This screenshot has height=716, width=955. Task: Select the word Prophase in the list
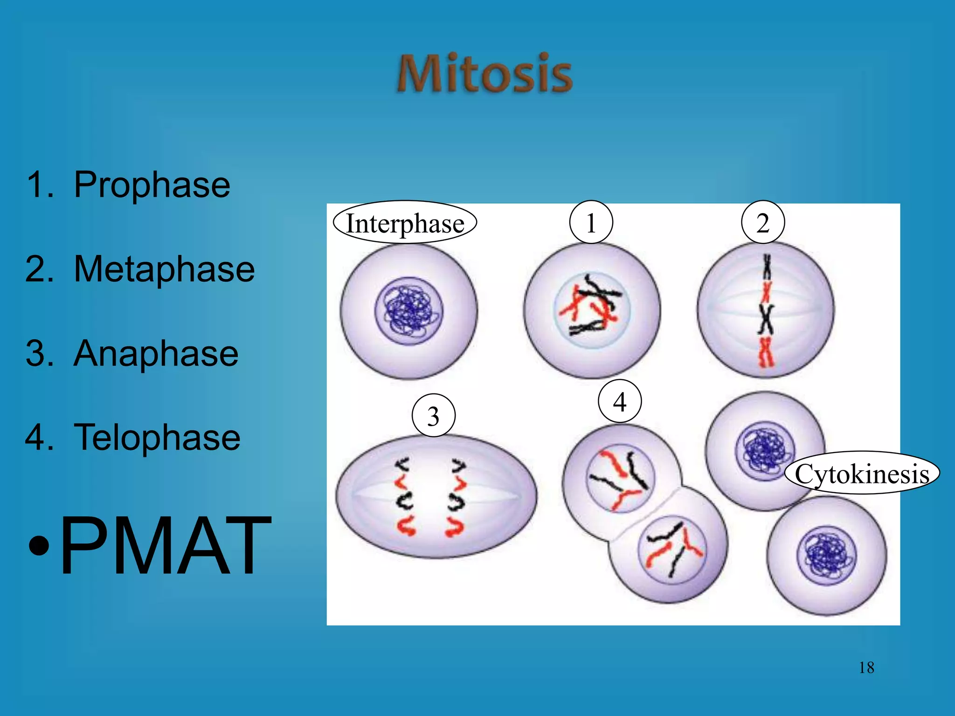pos(152,185)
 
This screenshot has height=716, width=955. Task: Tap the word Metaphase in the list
pos(164,269)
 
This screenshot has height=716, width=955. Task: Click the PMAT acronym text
pos(166,545)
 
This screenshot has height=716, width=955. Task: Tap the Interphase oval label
pos(405,223)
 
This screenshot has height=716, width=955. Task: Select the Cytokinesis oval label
pos(862,474)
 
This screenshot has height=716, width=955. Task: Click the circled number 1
pos(591,222)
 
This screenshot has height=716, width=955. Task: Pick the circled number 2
pos(763,222)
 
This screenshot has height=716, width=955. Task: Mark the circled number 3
pos(433,415)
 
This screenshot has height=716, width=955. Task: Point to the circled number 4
pos(620,401)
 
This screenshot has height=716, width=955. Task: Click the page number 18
pos(866,668)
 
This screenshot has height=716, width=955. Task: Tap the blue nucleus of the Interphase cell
pos(409,310)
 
